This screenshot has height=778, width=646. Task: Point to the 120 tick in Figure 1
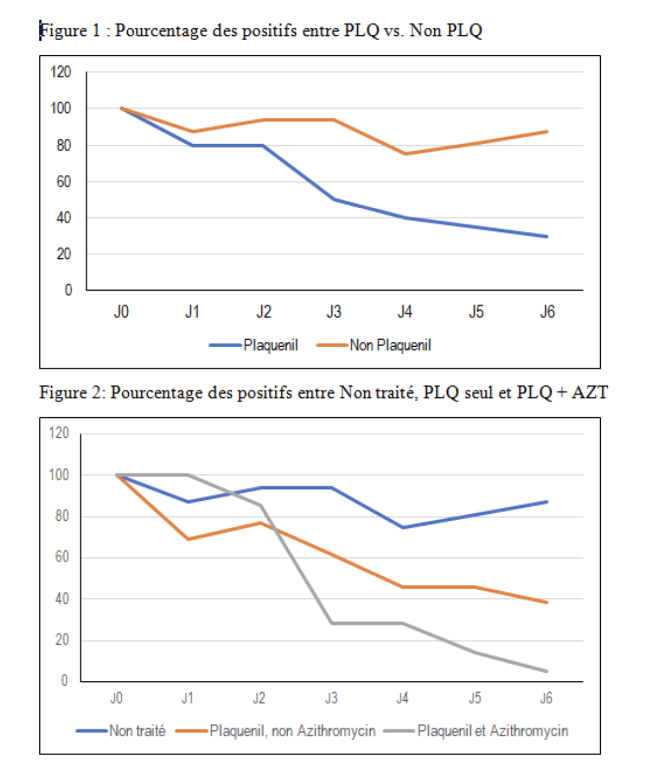(61, 72)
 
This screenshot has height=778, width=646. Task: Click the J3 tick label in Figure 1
(334, 311)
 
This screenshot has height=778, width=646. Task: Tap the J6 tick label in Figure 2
(546, 698)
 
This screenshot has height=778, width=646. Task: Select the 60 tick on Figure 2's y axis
(62, 557)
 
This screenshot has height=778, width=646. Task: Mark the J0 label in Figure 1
(121, 311)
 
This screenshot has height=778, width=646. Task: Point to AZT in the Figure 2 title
(590, 392)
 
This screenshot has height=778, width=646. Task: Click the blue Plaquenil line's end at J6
(547, 237)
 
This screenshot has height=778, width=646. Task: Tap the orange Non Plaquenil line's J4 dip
(405, 154)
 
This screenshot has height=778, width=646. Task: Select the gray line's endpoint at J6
(547, 671)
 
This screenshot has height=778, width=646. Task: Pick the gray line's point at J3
(332, 623)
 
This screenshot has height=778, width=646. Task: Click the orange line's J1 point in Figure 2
(188, 539)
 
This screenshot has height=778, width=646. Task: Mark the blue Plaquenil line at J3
(334, 200)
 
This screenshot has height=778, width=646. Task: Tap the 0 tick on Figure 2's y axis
(65, 681)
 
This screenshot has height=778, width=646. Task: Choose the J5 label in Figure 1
(476, 311)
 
